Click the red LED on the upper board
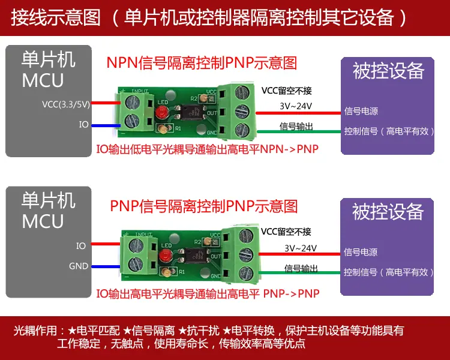(x=161, y=112)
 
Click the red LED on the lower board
(x=166, y=255)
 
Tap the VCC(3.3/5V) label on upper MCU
(x=66, y=104)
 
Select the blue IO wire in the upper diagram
(x=106, y=125)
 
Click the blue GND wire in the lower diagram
(x=106, y=266)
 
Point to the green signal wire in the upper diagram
(x=299, y=131)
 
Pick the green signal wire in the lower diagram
(x=299, y=272)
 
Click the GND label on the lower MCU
(x=79, y=266)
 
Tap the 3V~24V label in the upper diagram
(x=296, y=106)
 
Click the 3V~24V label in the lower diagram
(x=301, y=248)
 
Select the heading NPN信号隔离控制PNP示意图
(x=202, y=63)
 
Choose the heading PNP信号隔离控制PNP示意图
(x=204, y=206)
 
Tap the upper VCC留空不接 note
(x=286, y=91)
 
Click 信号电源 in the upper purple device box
(x=361, y=111)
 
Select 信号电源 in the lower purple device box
(x=361, y=252)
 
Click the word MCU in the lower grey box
(x=43, y=221)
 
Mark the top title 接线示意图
(x=56, y=18)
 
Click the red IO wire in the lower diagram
(x=106, y=244)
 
